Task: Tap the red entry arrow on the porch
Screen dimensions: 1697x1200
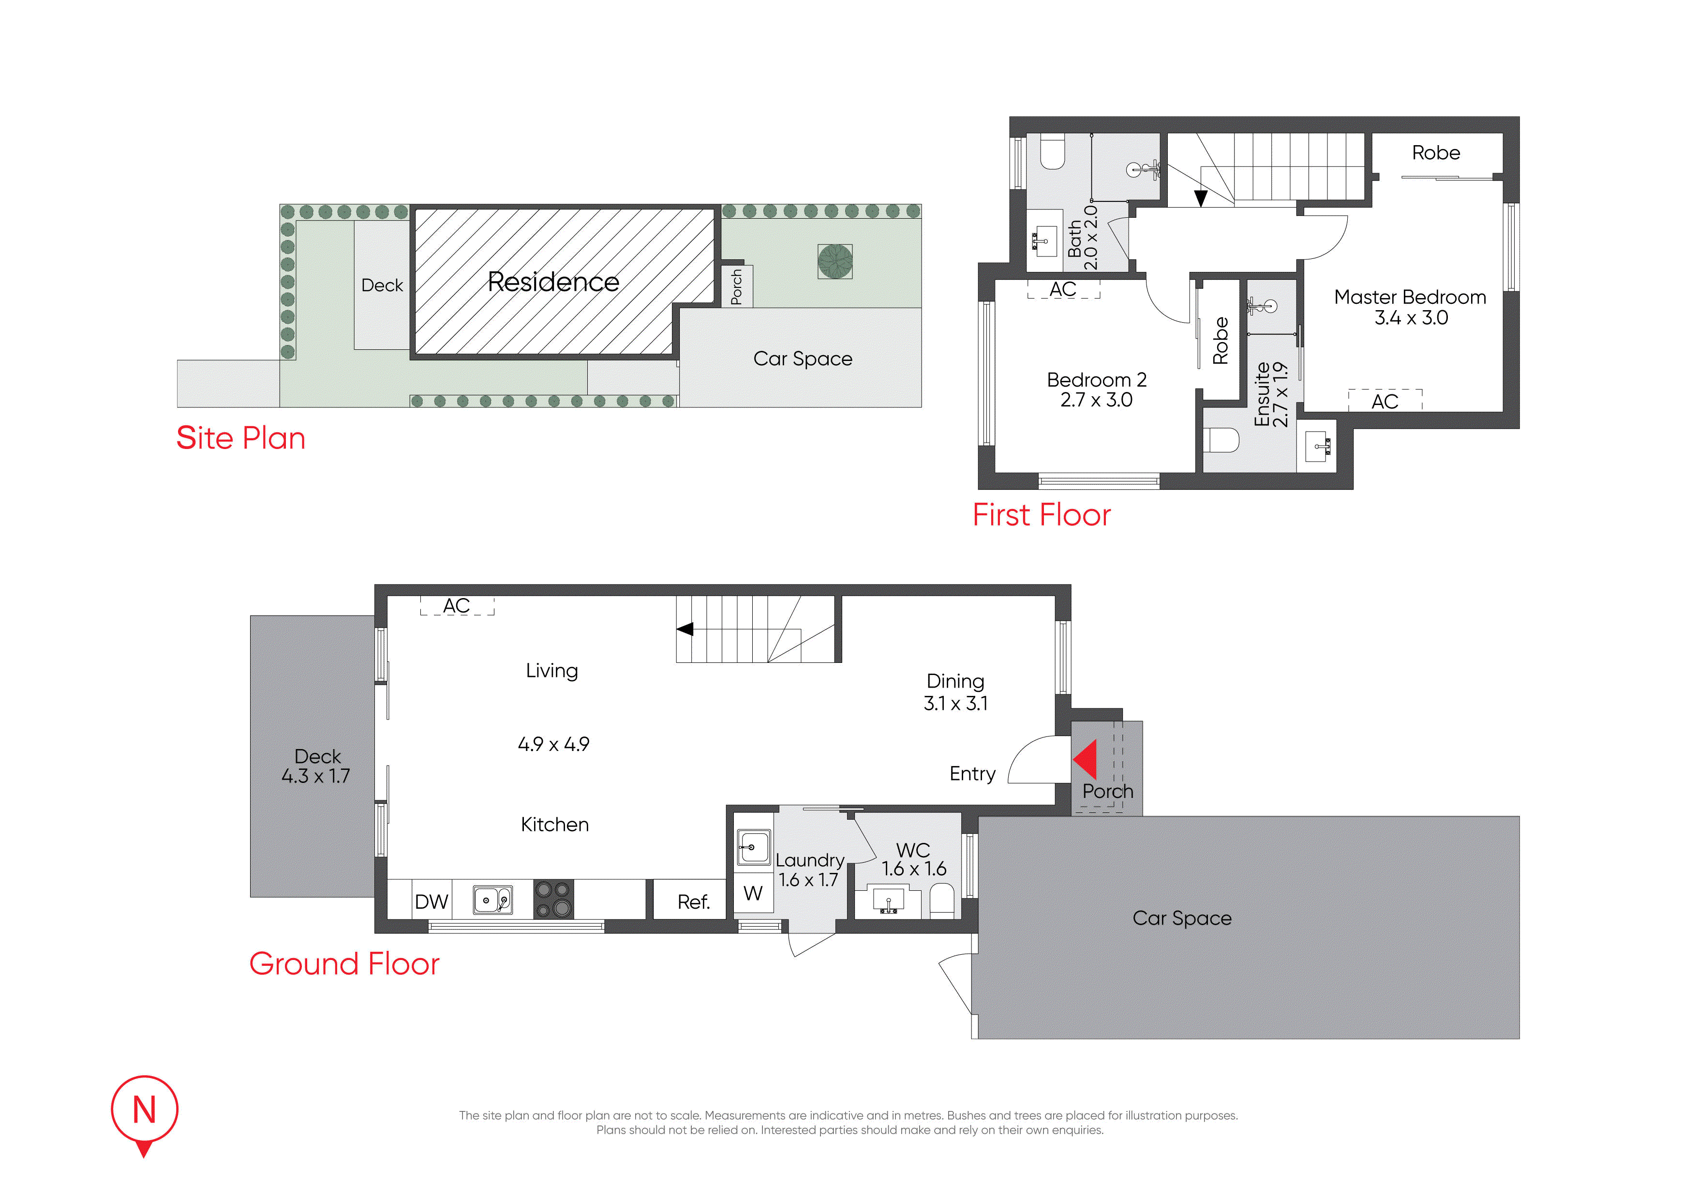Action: click(x=1085, y=760)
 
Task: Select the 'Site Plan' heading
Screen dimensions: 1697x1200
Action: click(x=240, y=438)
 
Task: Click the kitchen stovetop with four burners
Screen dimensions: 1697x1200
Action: click(x=553, y=899)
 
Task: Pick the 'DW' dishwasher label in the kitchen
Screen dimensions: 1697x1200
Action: click(x=431, y=902)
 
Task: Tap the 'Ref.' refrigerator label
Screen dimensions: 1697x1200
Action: click(x=693, y=902)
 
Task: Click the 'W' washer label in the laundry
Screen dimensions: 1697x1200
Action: click(x=753, y=894)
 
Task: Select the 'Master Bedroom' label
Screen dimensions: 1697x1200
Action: click(x=1410, y=297)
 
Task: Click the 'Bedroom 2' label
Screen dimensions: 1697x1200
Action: click(x=1096, y=380)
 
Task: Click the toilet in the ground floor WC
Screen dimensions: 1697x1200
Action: click(x=942, y=902)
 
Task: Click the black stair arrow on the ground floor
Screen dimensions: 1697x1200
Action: click(x=685, y=629)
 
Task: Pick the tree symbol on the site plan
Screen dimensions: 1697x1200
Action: click(x=835, y=261)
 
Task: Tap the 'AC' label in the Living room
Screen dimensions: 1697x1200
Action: click(x=456, y=605)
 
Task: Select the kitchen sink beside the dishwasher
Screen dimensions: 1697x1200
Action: click(x=493, y=900)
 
